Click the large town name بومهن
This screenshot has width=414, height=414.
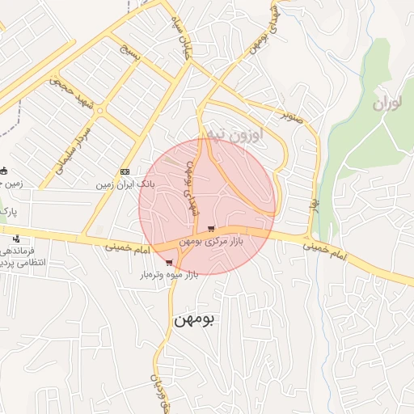[x=194, y=319]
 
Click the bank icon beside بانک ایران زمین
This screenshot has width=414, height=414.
[x=125, y=171]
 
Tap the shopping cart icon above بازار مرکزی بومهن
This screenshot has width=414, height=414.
[x=211, y=229]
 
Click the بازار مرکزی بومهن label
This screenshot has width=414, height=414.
[x=210, y=242]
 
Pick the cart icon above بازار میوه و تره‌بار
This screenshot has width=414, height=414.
[x=168, y=262]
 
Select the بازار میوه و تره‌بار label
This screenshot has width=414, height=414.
[x=168, y=276]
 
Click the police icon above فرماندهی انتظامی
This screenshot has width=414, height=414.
[x=16, y=239]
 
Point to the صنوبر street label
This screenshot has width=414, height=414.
[x=291, y=115]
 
